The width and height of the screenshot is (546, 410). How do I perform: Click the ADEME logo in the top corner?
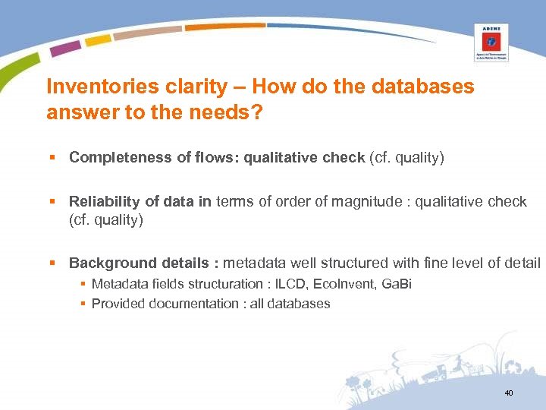coord(491,42)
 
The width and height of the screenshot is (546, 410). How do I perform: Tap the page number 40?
coord(508,393)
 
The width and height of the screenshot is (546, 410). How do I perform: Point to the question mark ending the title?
coord(256,112)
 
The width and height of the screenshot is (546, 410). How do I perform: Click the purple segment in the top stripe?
coord(65,48)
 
